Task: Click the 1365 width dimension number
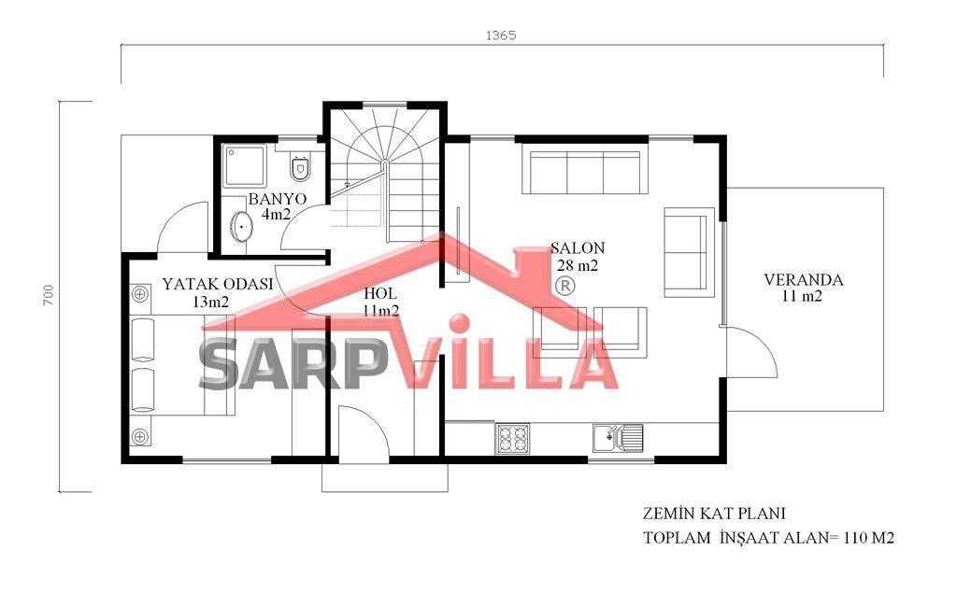click(501, 35)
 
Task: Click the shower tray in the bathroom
click(244, 165)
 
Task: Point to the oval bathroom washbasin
click(242, 227)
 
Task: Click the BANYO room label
click(277, 199)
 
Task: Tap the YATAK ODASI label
click(217, 284)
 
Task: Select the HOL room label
click(379, 294)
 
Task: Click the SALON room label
click(578, 248)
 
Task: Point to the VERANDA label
click(803, 280)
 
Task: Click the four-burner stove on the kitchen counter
click(512, 438)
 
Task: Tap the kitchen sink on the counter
click(618, 438)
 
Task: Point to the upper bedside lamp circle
click(140, 294)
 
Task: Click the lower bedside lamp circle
click(140, 436)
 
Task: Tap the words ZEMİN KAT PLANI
click(714, 514)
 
